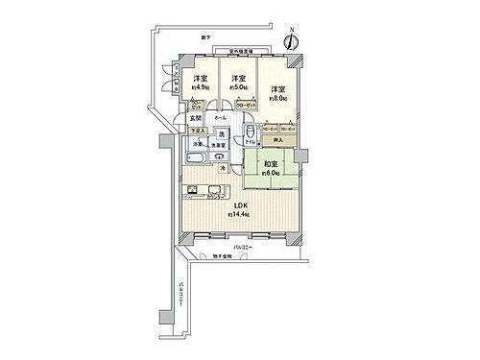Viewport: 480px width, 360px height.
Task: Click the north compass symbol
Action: coord(294,41)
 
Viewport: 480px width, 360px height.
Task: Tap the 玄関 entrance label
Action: coord(195,118)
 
